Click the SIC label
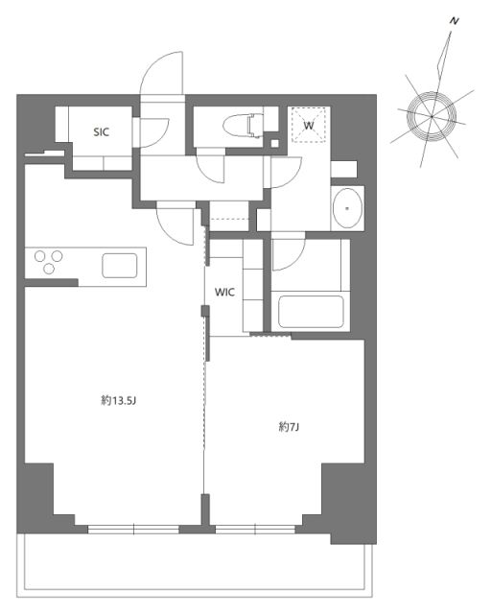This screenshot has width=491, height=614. click(x=101, y=133)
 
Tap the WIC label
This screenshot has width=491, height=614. click(x=224, y=291)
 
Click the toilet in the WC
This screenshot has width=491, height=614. click(x=244, y=126)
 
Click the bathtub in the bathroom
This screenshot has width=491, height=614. click(x=309, y=313)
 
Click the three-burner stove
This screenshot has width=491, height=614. click(x=48, y=261)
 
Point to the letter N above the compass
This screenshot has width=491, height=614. click(x=453, y=20)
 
